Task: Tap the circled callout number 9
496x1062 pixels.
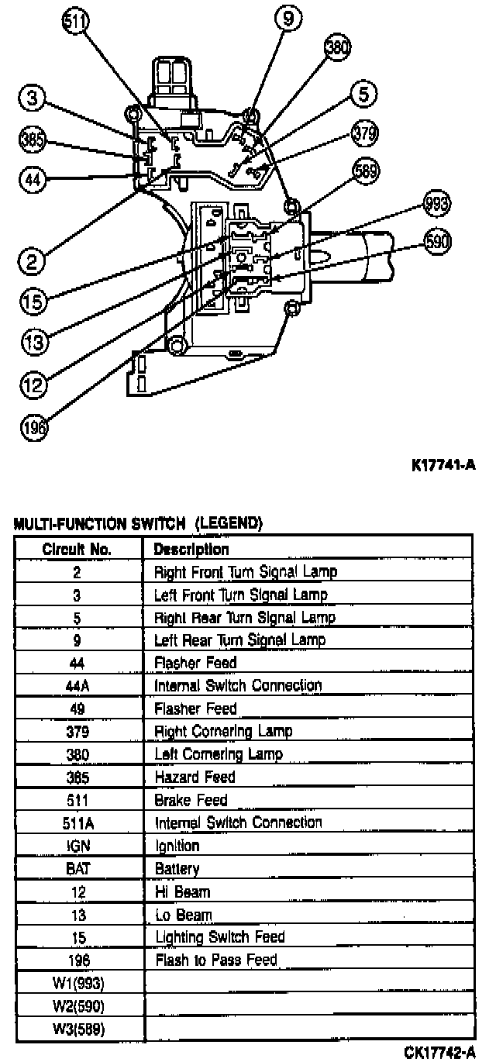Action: pos(288,19)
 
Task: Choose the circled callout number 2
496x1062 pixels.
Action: pos(32,261)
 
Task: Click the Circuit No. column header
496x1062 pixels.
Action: pos(77,549)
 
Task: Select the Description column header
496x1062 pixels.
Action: pos(191,549)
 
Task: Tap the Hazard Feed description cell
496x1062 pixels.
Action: pos(195,777)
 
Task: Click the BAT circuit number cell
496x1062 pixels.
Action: pos(77,869)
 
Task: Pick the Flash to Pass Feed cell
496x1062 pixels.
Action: pos(216,960)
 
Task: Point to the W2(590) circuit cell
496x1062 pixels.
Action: pos(77,1006)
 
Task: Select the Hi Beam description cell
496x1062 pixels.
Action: pos(182,891)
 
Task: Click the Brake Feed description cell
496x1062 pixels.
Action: pos(191,800)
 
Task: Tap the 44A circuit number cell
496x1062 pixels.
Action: pos(77,685)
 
